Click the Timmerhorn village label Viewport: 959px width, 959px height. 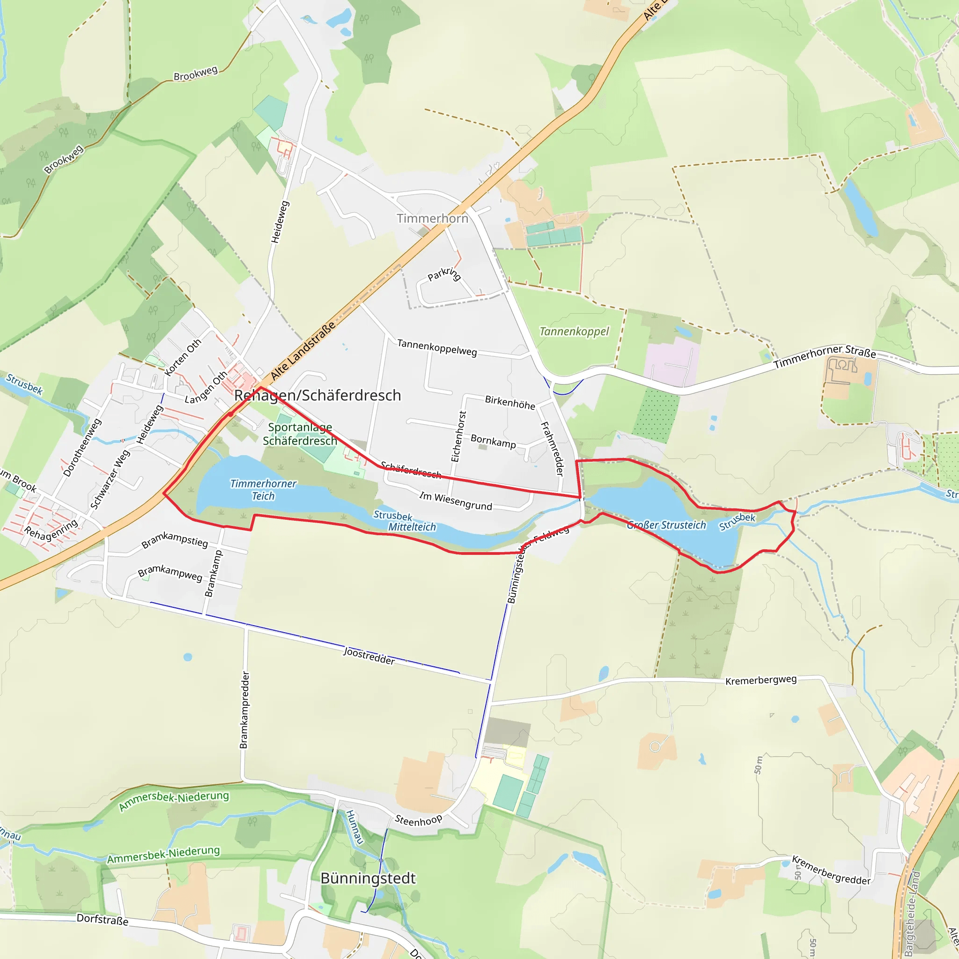[x=432, y=218]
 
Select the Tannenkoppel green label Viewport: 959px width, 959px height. [x=574, y=332]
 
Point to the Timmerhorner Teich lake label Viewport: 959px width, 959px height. [x=263, y=490]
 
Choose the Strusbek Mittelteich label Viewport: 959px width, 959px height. [x=405, y=521]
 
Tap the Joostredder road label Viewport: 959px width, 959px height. [x=369, y=656]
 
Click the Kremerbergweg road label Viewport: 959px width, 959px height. [x=761, y=680]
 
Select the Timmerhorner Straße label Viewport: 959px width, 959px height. [x=825, y=357]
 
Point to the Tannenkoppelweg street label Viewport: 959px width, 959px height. [x=437, y=347]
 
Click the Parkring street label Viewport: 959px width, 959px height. [x=444, y=274]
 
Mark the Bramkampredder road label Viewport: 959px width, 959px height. [x=244, y=710]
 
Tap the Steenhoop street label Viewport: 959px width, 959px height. [x=418, y=820]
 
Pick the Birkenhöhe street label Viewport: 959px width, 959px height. [x=510, y=403]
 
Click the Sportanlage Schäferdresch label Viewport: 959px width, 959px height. [x=300, y=434]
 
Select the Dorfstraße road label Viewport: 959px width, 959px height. [x=102, y=920]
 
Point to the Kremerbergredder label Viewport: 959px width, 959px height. [x=831, y=870]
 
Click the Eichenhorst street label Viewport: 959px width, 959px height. [x=458, y=436]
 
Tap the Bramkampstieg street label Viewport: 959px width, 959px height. [x=175, y=540]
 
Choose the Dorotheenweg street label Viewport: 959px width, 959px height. [x=82, y=448]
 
